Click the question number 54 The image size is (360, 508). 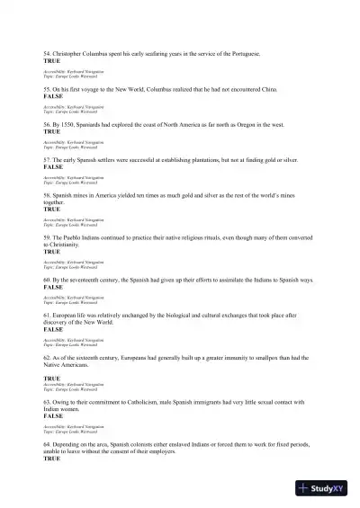click(46, 54)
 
